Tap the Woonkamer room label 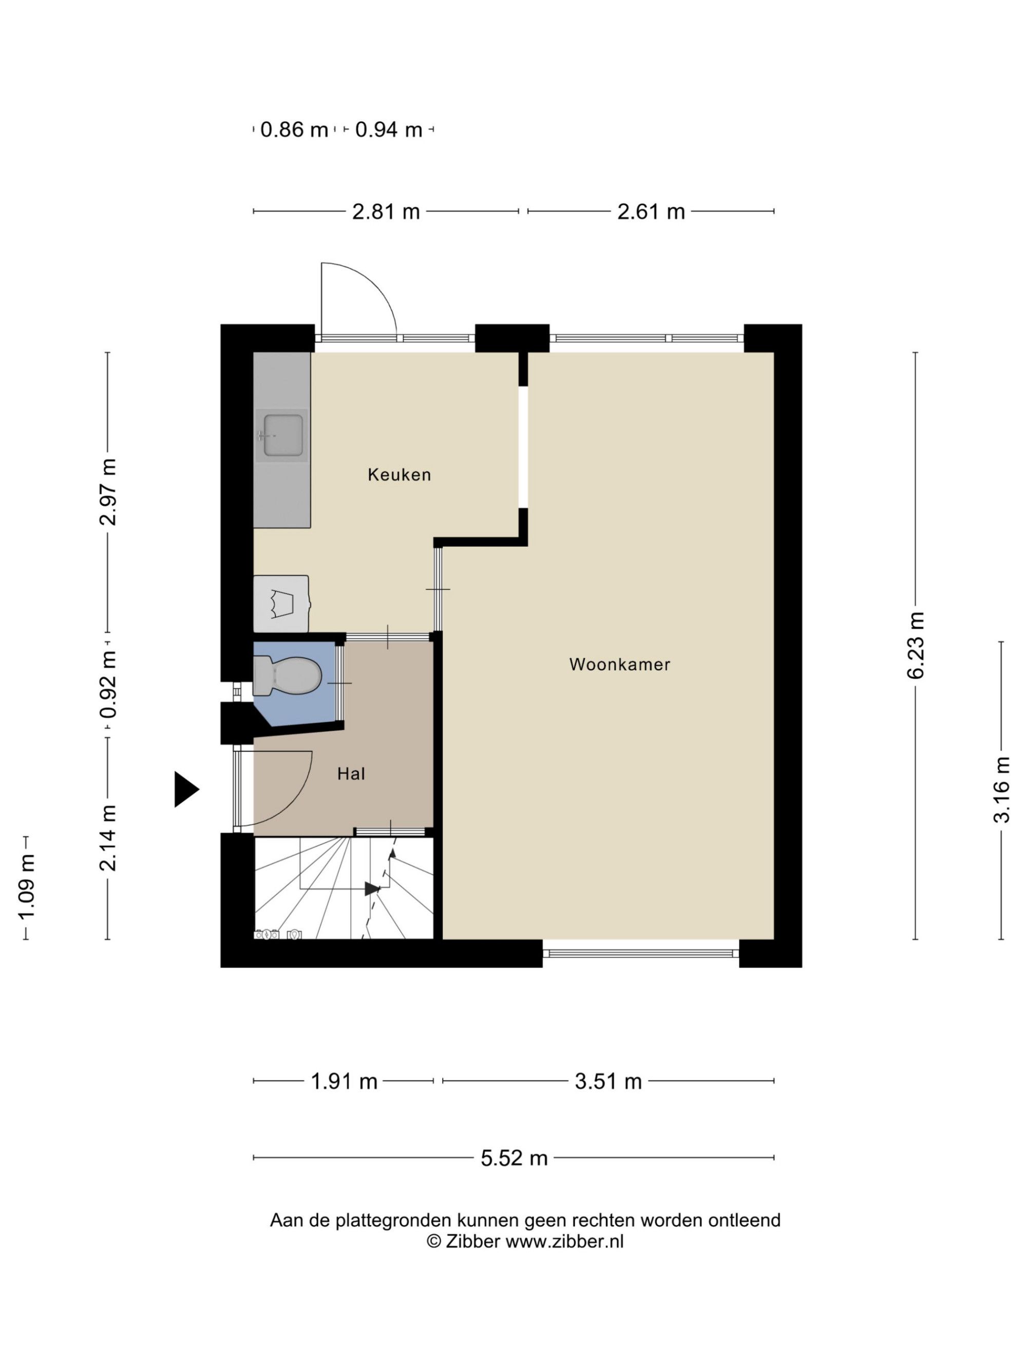point(620,665)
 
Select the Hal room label point(351,774)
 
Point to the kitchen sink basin point(283,435)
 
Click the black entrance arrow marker point(186,789)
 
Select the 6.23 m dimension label point(916,646)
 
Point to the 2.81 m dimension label point(386,211)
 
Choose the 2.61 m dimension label point(651,211)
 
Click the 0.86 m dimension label point(294,130)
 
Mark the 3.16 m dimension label point(1001,789)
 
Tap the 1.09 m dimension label point(26,888)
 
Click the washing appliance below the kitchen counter point(282,604)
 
